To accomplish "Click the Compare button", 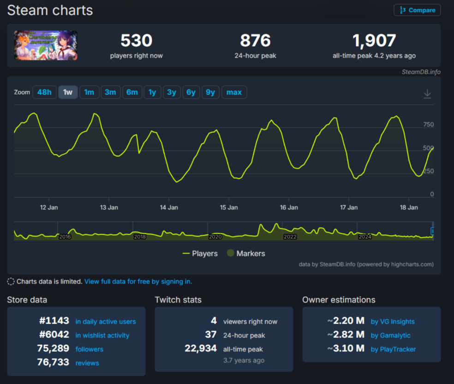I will (x=417, y=10).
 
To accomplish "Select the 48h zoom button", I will (x=44, y=92).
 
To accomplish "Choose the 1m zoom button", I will (x=89, y=92).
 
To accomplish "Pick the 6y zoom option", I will (x=191, y=92).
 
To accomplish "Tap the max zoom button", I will (x=234, y=92).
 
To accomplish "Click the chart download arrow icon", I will (x=427, y=94).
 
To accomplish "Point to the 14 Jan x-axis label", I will (x=169, y=207).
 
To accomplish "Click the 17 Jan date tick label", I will (x=349, y=207).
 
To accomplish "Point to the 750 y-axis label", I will (x=428, y=124).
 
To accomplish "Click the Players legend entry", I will (x=200, y=254).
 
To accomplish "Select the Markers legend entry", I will (x=246, y=254).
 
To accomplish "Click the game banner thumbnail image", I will (x=46, y=45).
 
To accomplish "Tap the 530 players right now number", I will (x=136, y=41).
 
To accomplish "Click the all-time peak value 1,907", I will (x=374, y=41).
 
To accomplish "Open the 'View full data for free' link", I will (x=138, y=281).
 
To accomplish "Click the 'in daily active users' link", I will (x=106, y=322).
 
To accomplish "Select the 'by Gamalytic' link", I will (x=390, y=336).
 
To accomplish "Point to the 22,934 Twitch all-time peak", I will (x=201, y=349).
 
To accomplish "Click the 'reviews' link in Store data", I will (x=87, y=363).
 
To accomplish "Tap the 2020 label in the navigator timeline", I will (x=215, y=237).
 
